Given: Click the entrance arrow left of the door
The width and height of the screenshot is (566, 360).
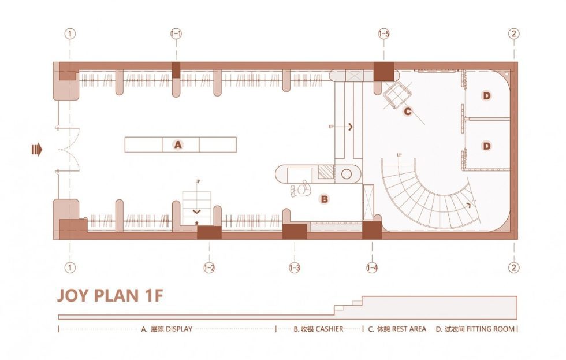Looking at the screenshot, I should coord(37,150).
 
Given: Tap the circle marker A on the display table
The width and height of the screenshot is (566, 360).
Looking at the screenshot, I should coord(178,145).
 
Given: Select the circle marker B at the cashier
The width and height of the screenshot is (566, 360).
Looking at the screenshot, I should coord(325,199).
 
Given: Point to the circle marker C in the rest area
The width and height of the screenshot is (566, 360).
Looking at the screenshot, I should coord(407,112).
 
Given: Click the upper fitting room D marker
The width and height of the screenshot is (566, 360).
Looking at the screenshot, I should coord(486,95).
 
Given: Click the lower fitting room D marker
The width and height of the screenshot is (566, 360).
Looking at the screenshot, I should coord(486,146).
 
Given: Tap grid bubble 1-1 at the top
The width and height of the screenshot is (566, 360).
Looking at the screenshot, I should coord(176,34).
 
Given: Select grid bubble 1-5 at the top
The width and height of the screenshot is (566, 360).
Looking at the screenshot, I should coord(384,34).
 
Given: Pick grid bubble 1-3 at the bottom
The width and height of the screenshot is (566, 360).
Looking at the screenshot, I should coord(295,268).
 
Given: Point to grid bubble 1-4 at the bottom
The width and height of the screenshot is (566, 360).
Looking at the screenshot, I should coord(372,268).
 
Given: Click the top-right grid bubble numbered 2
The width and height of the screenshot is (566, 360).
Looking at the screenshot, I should coord(513,34).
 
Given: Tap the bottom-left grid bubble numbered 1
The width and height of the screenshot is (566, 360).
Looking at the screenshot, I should coord(70,268).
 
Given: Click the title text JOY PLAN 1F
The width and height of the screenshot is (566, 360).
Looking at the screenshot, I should coord(110,296).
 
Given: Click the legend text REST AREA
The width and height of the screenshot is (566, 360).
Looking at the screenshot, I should coord(409,329).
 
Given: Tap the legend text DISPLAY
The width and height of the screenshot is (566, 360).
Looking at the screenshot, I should coord(178,329).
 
